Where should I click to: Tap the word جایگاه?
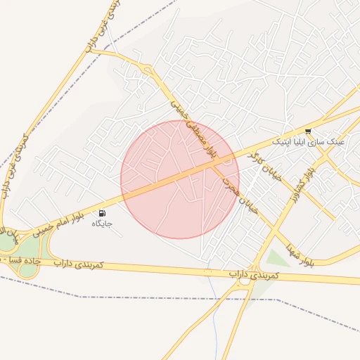102,224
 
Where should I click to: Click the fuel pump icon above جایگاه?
103,213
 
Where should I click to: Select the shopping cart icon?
308,131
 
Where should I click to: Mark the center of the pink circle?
180,179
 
